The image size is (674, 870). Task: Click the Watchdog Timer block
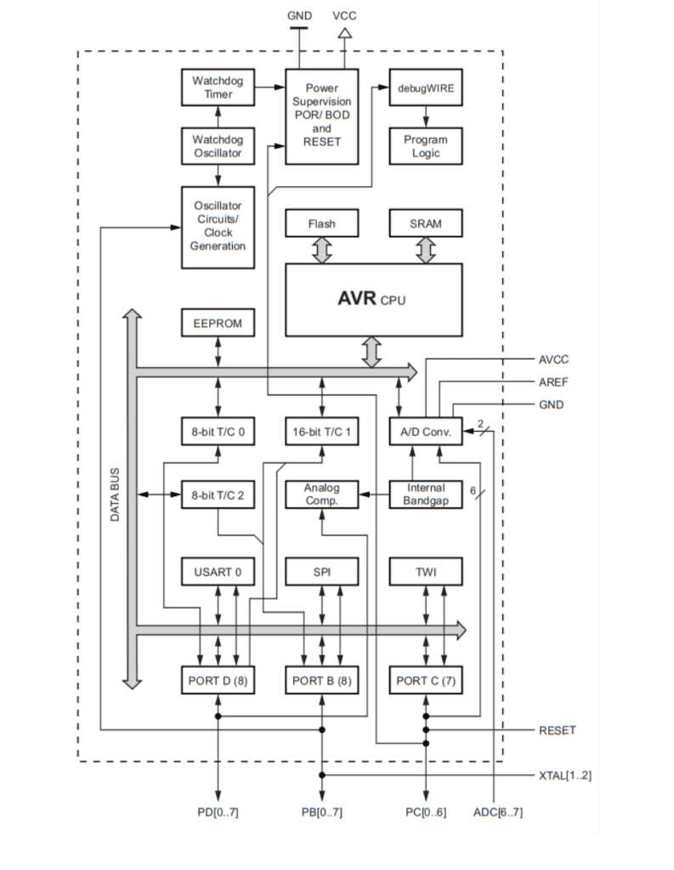218,88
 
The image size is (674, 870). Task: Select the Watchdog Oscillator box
218,146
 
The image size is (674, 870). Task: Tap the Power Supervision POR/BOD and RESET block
321,116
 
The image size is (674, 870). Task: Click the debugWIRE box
426,88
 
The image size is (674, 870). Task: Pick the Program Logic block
426,146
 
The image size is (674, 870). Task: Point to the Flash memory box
321,224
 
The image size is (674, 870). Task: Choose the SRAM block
426,224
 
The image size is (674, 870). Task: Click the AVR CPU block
373,299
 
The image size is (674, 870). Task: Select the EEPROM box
218,324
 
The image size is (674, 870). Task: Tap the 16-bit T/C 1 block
321,432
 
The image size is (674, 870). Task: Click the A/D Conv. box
426,432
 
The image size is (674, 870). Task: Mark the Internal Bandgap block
426,494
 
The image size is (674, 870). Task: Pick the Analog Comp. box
321,494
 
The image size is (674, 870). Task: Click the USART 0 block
218,572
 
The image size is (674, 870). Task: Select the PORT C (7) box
426,681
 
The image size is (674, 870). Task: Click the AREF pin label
552,381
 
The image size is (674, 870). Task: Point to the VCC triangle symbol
344,34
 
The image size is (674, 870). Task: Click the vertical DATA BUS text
115,494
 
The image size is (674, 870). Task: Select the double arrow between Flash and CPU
321,250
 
